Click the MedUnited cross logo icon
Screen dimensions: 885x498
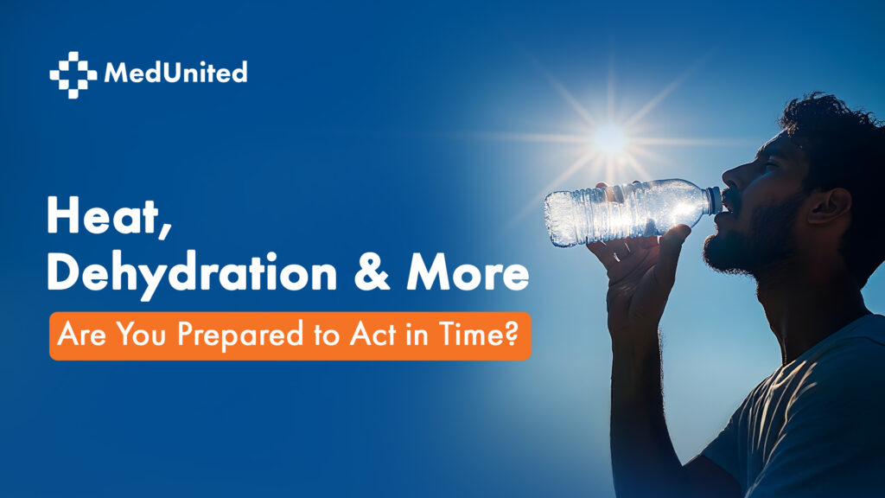[x=73, y=74]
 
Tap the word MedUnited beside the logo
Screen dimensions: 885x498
[x=175, y=73]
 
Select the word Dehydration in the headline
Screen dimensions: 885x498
[x=192, y=273]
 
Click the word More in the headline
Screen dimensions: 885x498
[x=468, y=272]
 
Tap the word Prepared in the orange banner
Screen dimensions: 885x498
[x=240, y=335]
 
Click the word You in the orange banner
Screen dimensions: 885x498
[x=141, y=335]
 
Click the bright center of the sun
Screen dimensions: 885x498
[x=609, y=137]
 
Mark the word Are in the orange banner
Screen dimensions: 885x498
[x=82, y=335]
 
